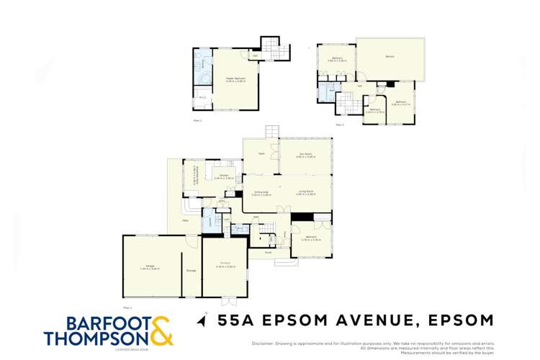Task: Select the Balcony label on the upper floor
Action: (390, 56)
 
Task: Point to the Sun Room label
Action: (305, 153)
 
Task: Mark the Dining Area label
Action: (261, 192)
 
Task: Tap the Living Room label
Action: (306, 192)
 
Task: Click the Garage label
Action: (150, 266)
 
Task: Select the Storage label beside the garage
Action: (192, 270)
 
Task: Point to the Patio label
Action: (185, 220)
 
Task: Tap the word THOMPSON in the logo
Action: (96, 338)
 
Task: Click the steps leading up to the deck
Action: (271, 132)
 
